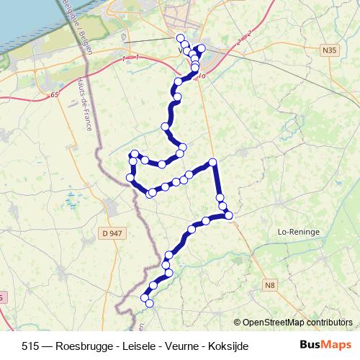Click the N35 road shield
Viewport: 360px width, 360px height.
[x=329, y=50]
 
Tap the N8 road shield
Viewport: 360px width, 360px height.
[x=270, y=286]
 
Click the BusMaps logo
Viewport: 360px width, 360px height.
[x=326, y=346]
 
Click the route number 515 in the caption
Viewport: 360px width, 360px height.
[x=31, y=346]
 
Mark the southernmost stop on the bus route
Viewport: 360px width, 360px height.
[x=150, y=304]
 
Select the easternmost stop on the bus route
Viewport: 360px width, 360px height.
[x=230, y=215]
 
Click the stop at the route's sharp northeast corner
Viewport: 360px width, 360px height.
[x=212, y=162]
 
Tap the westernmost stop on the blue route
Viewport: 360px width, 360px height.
[x=130, y=177]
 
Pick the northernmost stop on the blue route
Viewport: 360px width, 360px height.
[x=180, y=37]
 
